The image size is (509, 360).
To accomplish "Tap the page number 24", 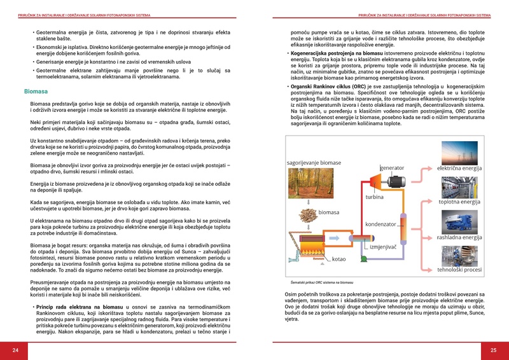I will [x=16, y=350].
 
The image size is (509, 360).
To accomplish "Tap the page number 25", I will [x=493, y=350].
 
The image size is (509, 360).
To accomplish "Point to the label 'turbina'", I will [x=374, y=197].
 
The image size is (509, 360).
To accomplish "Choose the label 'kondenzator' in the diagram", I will [x=381, y=224].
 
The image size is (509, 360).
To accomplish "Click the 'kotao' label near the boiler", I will [x=338, y=259].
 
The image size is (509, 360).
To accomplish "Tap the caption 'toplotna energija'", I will [x=459, y=202].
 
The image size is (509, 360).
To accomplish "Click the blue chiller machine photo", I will [x=459, y=220].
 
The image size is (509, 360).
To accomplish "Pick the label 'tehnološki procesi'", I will [x=459, y=270].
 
